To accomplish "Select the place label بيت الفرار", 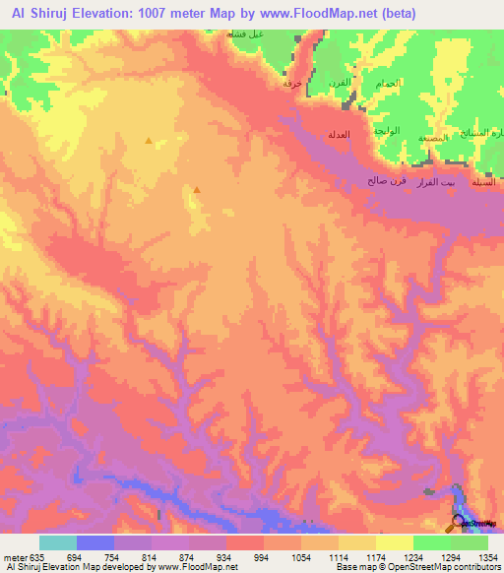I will pos(435,182).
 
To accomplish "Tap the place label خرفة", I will pos(292,84).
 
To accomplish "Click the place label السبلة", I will pos(483,182).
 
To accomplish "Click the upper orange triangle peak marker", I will pos(149,141).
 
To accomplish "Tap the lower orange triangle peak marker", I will pos(197,190).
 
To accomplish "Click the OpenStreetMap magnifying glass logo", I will pos(459,523).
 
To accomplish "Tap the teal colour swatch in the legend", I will pos(57,542).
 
